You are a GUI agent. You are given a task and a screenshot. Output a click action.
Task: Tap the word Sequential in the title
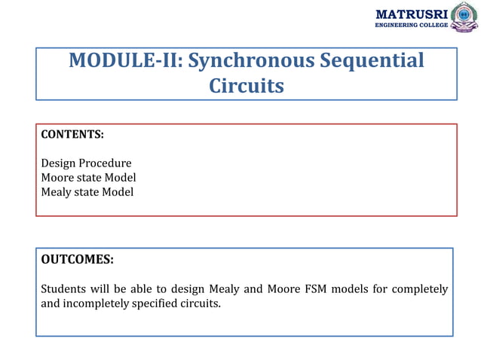click(x=370, y=60)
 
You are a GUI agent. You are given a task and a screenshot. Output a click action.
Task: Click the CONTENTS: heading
click(x=72, y=134)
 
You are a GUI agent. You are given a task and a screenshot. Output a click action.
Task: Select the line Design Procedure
click(x=86, y=163)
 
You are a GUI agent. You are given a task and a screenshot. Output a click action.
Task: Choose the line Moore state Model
click(x=88, y=178)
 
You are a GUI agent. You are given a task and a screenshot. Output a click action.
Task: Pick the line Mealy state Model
click(x=87, y=192)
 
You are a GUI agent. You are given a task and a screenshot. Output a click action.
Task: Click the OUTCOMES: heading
click(x=77, y=260)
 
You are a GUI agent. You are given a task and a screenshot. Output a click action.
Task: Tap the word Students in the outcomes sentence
click(x=63, y=289)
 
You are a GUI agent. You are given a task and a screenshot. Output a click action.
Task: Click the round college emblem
click(x=464, y=16)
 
